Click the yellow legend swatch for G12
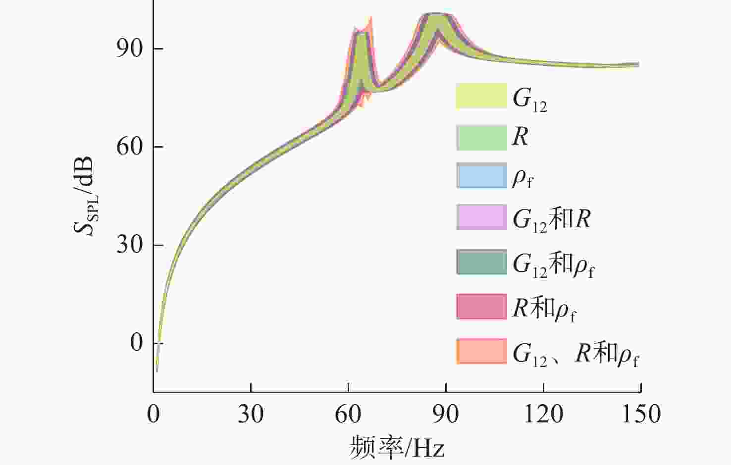(481, 96)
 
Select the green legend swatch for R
(481, 138)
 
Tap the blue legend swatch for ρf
(481, 176)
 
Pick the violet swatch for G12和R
(481, 217)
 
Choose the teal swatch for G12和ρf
(481, 262)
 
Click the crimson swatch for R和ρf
(481, 307)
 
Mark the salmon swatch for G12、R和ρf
(481, 351)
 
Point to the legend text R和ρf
(544, 309)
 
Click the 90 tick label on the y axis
(130, 48)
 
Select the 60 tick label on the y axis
(130, 146)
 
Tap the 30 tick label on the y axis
(130, 245)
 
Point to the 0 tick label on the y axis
(136, 342)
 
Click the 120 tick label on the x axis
(543, 414)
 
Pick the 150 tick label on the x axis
(641, 414)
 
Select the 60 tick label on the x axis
(348, 414)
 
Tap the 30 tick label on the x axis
(251, 414)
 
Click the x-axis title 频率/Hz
(397, 447)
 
